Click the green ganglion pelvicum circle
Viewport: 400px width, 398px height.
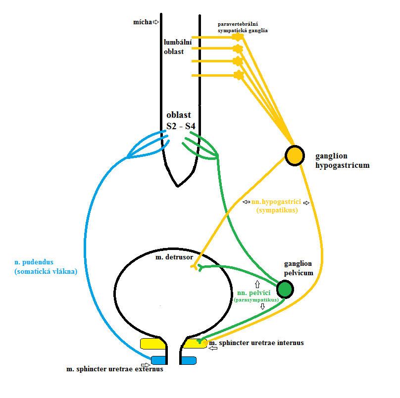point(285,289)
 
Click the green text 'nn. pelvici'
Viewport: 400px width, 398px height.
point(254,293)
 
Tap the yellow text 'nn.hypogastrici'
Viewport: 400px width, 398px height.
point(275,202)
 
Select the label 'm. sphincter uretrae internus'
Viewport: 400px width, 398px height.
point(256,343)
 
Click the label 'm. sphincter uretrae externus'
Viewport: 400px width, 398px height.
point(115,369)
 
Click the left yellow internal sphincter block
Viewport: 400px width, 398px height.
point(152,344)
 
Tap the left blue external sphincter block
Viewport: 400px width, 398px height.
point(158,360)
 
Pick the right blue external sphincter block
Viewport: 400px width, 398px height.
point(189,360)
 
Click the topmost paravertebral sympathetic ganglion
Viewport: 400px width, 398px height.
point(239,37)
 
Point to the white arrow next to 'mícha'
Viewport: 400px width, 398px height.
point(155,22)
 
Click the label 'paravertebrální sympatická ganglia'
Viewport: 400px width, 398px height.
point(243,27)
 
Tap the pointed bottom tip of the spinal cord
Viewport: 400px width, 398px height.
point(178,186)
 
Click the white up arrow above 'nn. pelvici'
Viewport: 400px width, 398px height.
point(257,284)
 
